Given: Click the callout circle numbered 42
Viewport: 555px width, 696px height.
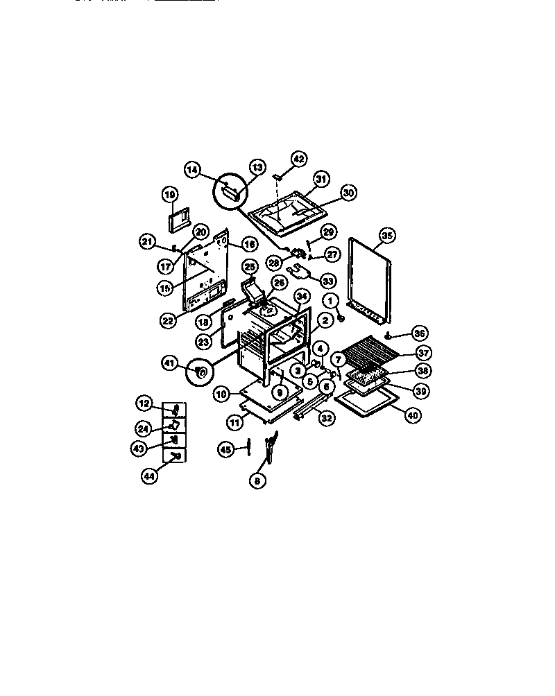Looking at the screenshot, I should (x=298, y=158).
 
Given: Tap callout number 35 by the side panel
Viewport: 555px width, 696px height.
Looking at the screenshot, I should (x=387, y=236).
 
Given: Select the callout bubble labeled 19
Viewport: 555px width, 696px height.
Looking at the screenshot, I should (x=171, y=195).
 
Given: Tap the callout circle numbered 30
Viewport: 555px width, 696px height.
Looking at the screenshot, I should (x=348, y=193).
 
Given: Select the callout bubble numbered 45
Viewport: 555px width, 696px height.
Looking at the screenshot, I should (x=226, y=449).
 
